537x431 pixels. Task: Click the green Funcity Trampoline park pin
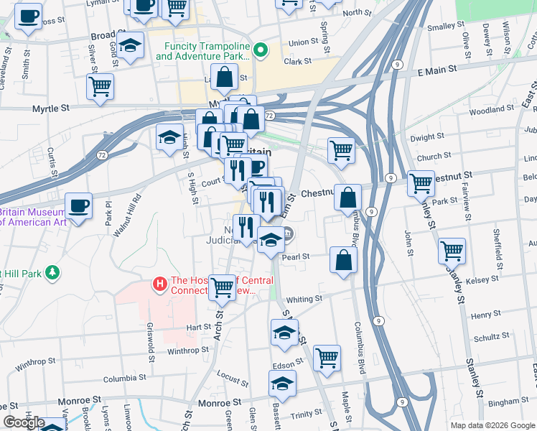click(261, 50)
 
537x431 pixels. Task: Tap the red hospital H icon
click(161, 285)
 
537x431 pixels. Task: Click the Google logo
click(24, 423)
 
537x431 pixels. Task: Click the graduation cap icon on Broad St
click(129, 45)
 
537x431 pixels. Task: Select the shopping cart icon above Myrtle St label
click(100, 85)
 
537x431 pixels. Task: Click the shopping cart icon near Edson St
click(327, 357)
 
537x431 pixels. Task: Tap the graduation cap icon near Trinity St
click(282, 384)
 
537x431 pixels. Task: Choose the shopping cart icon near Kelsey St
click(452, 251)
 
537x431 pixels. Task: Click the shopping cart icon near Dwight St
click(341, 150)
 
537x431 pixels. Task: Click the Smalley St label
click(446, 27)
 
